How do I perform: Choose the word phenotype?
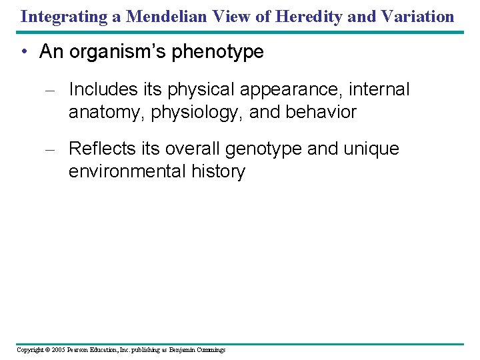pos(218,53)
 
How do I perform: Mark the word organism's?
pos(123,53)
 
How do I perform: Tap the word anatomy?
pos(107,112)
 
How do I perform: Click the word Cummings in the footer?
pos(211,350)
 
